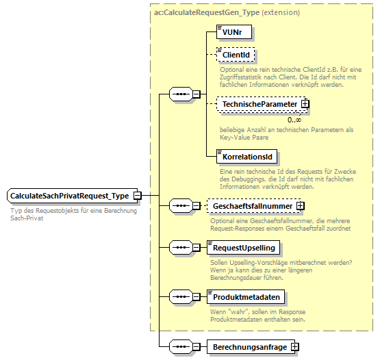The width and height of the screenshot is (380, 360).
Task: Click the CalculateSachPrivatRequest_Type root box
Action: click(x=70, y=196)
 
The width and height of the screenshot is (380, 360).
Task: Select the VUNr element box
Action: click(x=228, y=32)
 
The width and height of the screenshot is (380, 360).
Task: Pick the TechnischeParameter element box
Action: click(x=257, y=104)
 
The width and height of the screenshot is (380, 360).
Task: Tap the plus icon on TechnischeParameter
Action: click(x=305, y=104)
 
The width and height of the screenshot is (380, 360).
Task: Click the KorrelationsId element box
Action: click(x=242, y=157)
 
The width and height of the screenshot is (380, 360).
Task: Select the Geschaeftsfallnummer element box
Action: click(x=252, y=205)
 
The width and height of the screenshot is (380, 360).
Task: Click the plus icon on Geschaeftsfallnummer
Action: click(x=300, y=205)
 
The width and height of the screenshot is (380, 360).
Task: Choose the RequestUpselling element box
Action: click(x=244, y=247)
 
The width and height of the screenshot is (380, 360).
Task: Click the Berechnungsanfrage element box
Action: click(x=249, y=347)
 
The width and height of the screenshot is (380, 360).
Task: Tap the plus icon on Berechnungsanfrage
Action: click(x=295, y=347)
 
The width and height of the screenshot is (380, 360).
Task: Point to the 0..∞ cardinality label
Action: click(x=295, y=119)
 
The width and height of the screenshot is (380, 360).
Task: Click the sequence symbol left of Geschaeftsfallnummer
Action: click(x=180, y=205)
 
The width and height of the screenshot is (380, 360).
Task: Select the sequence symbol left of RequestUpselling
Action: click(x=180, y=247)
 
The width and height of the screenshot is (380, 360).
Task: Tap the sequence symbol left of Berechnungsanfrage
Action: click(x=180, y=347)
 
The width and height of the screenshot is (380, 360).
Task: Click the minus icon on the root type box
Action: click(x=138, y=196)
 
